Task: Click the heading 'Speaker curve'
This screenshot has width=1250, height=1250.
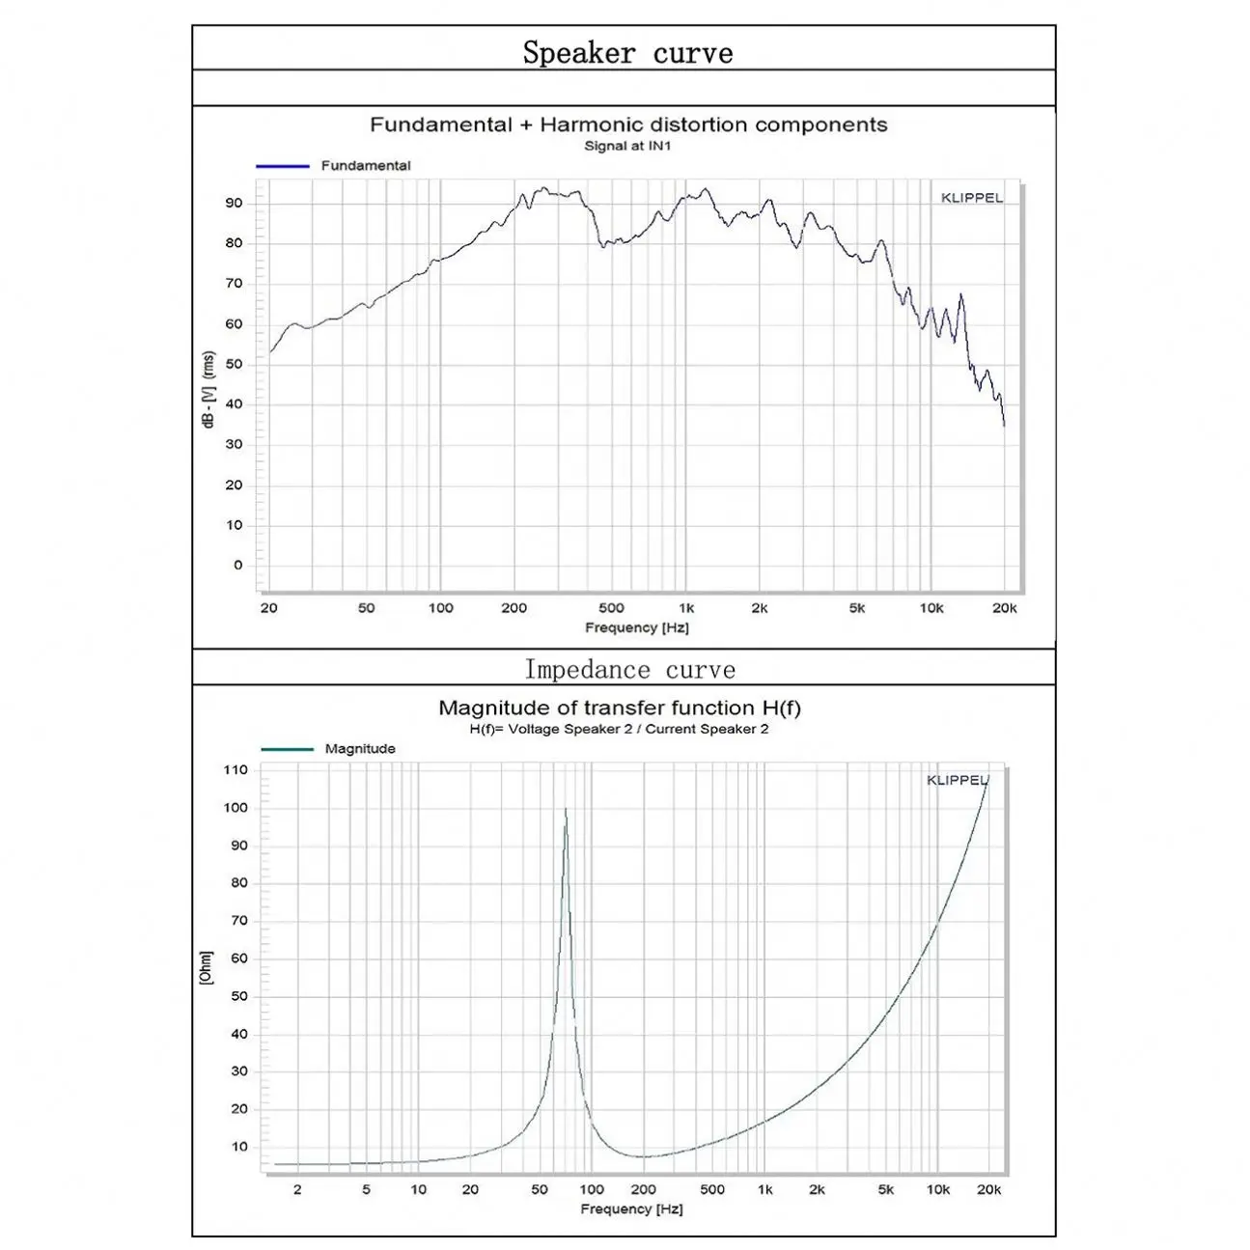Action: pyautogui.click(x=627, y=52)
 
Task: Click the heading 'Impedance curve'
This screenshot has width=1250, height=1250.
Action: pyautogui.click(x=629, y=669)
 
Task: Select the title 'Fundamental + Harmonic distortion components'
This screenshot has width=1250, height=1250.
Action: pyautogui.click(x=628, y=125)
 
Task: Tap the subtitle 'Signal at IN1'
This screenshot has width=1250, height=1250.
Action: pyautogui.click(x=627, y=146)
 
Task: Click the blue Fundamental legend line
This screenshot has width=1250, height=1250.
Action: pyautogui.click(x=282, y=166)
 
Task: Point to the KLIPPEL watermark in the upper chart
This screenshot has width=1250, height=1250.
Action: pyautogui.click(x=972, y=198)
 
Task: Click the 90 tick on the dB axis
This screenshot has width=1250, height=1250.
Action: pyautogui.click(x=235, y=203)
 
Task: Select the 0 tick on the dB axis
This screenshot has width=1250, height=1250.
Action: pyautogui.click(x=238, y=565)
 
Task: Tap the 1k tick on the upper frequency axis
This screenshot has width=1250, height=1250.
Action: pyautogui.click(x=686, y=608)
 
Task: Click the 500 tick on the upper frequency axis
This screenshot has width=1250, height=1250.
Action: pyautogui.click(x=611, y=608)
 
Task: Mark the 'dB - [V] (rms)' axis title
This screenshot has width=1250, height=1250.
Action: pyautogui.click(x=208, y=390)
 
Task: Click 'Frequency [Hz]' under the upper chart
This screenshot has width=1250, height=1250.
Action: pyautogui.click(x=636, y=627)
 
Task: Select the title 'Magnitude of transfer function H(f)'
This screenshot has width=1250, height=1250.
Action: pyautogui.click(x=620, y=708)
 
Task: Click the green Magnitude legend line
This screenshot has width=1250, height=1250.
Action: pyautogui.click(x=287, y=749)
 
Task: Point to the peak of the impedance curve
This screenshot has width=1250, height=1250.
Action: pyautogui.click(x=566, y=809)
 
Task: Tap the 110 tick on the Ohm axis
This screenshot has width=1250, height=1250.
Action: pyautogui.click(x=236, y=769)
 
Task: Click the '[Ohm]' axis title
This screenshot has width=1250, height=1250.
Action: pyautogui.click(x=205, y=967)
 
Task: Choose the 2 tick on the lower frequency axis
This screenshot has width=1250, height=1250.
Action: pyautogui.click(x=297, y=1189)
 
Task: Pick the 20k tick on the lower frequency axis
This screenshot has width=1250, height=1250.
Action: pyautogui.click(x=988, y=1189)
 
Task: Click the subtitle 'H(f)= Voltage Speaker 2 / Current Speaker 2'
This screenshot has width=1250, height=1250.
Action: pyautogui.click(x=619, y=729)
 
